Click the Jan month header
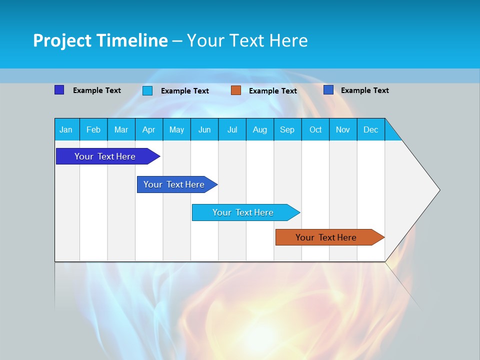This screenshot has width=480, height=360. click(66, 129)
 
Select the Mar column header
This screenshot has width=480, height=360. click(121, 129)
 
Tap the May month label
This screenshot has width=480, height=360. click(176, 129)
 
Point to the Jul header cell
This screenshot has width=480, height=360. click(232, 129)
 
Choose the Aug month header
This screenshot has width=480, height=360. click(259, 129)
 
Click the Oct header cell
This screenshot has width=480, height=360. click(315, 129)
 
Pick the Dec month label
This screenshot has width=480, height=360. click(370, 129)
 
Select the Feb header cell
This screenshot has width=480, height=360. click(93, 129)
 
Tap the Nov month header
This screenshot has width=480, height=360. click(343, 129)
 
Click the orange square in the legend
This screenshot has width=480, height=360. click(236, 90)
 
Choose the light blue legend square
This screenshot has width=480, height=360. click(147, 90)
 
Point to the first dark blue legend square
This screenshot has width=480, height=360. click(59, 90)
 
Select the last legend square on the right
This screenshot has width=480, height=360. click(328, 90)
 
